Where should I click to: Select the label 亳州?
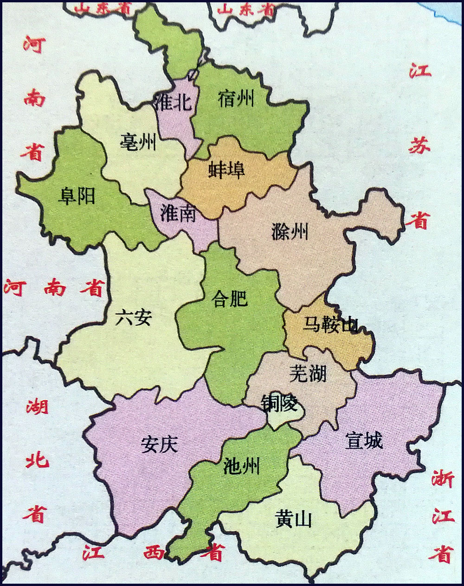pos(138,141)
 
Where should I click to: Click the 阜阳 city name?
pos(77,196)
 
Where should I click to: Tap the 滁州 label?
pos(290,231)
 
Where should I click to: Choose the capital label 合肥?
pos(229,299)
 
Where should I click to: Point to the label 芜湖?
pos(308,373)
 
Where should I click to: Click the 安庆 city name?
pos(159,444)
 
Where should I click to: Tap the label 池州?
pos(241,464)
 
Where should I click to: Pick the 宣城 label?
pos(364,441)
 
